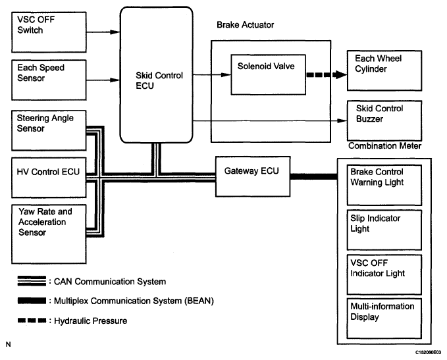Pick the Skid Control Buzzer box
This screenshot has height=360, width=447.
382,119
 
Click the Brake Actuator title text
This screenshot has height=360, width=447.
245,24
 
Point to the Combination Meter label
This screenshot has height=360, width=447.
384,145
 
